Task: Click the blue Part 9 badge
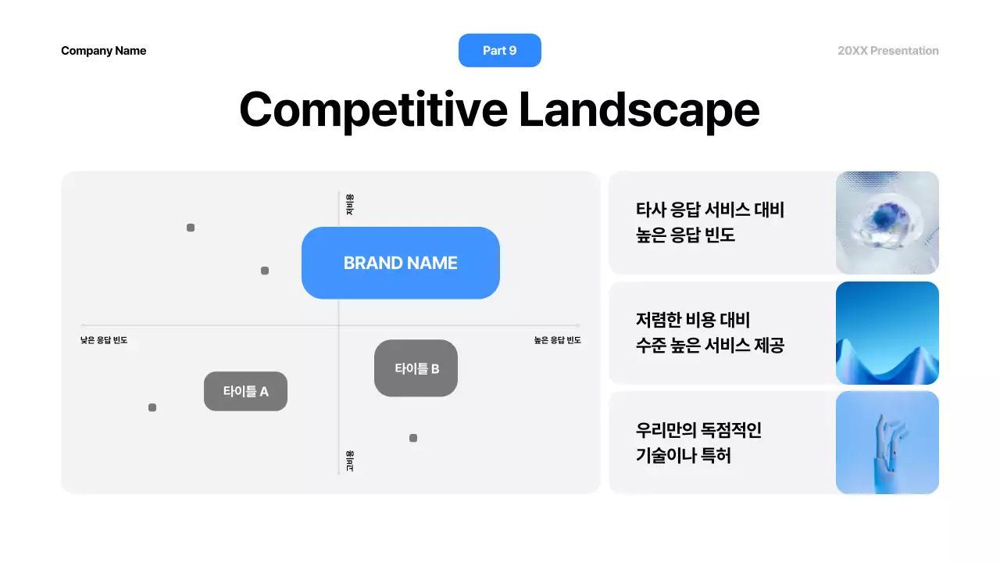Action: pyautogui.click(x=500, y=50)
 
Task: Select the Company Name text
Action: pyautogui.click(x=103, y=51)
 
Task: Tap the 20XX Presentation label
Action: pyautogui.click(x=887, y=51)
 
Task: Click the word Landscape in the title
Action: pyautogui.click(x=638, y=109)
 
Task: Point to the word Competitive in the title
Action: pyautogui.click(x=373, y=109)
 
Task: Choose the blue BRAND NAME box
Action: pyautogui.click(x=400, y=263)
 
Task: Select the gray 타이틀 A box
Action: pyautogui.click(x=245, y=391)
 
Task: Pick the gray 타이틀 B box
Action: pyautogui.click(x=416, y=368)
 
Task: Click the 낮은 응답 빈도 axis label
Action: pyautogui.click(x=104, y=340)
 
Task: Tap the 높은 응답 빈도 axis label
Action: pyautogui.click(x=557, y=340)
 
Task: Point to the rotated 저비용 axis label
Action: pyautogui.click(x=350, y=205)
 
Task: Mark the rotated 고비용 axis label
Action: pyautogui.click(x=350, y=461)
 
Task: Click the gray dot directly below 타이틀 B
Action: pyautogui.click(x=413, y=438)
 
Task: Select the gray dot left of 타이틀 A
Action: pyautogui.click(x=152, y=407)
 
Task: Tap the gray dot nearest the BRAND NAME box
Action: pyautogui.click(x=265, y=271)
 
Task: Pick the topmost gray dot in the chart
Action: pyautogui.click(x=191, y=228)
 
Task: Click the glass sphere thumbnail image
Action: pyautogui.click(x=887, y=223)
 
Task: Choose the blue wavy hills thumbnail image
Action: pyautogui.click(x=887, y=333)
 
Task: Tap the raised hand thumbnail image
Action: pyautogui.click(x=887, y=443)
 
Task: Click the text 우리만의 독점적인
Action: pyautogui.click(x=698, y=430)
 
